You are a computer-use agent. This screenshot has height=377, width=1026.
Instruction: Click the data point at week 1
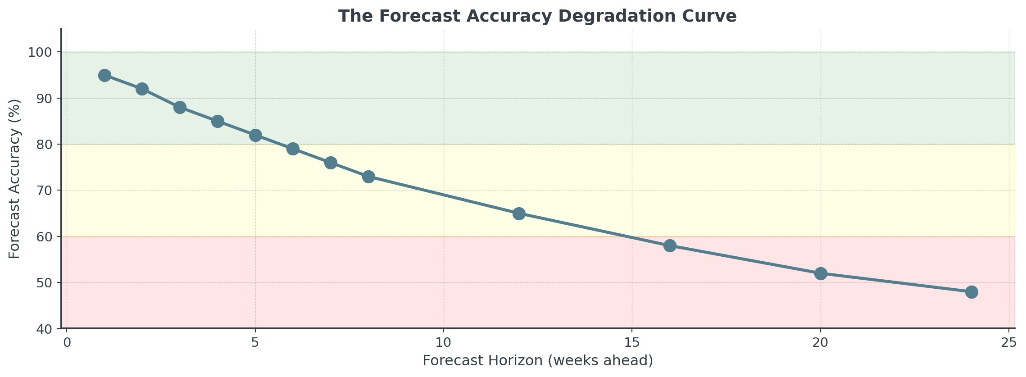point(104,75)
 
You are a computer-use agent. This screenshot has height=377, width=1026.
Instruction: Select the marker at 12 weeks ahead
point(519,213)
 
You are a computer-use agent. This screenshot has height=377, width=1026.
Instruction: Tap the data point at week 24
point(972,292)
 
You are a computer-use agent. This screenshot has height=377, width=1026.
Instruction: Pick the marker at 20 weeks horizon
point(821,273)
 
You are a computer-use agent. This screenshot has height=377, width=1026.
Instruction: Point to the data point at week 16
point(670,245)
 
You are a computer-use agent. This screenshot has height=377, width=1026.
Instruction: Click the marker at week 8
point(368,177)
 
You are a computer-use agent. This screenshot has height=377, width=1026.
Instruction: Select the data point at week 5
point(255,135)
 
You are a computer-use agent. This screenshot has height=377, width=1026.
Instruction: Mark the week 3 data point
point(180,107)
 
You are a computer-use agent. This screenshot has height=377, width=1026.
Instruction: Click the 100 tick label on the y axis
point(41,53)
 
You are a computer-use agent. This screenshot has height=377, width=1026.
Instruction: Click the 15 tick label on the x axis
point(632,343)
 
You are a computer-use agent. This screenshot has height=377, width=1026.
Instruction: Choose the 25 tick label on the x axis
point(1009,343)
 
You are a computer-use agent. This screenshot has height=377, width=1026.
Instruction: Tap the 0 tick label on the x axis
point(67,343)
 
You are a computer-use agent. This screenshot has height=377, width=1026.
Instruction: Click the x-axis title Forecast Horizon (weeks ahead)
point(538,361)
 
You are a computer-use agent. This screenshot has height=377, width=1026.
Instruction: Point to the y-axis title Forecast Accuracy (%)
point(15,179)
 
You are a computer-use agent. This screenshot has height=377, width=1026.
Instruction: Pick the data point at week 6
point(293,149)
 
